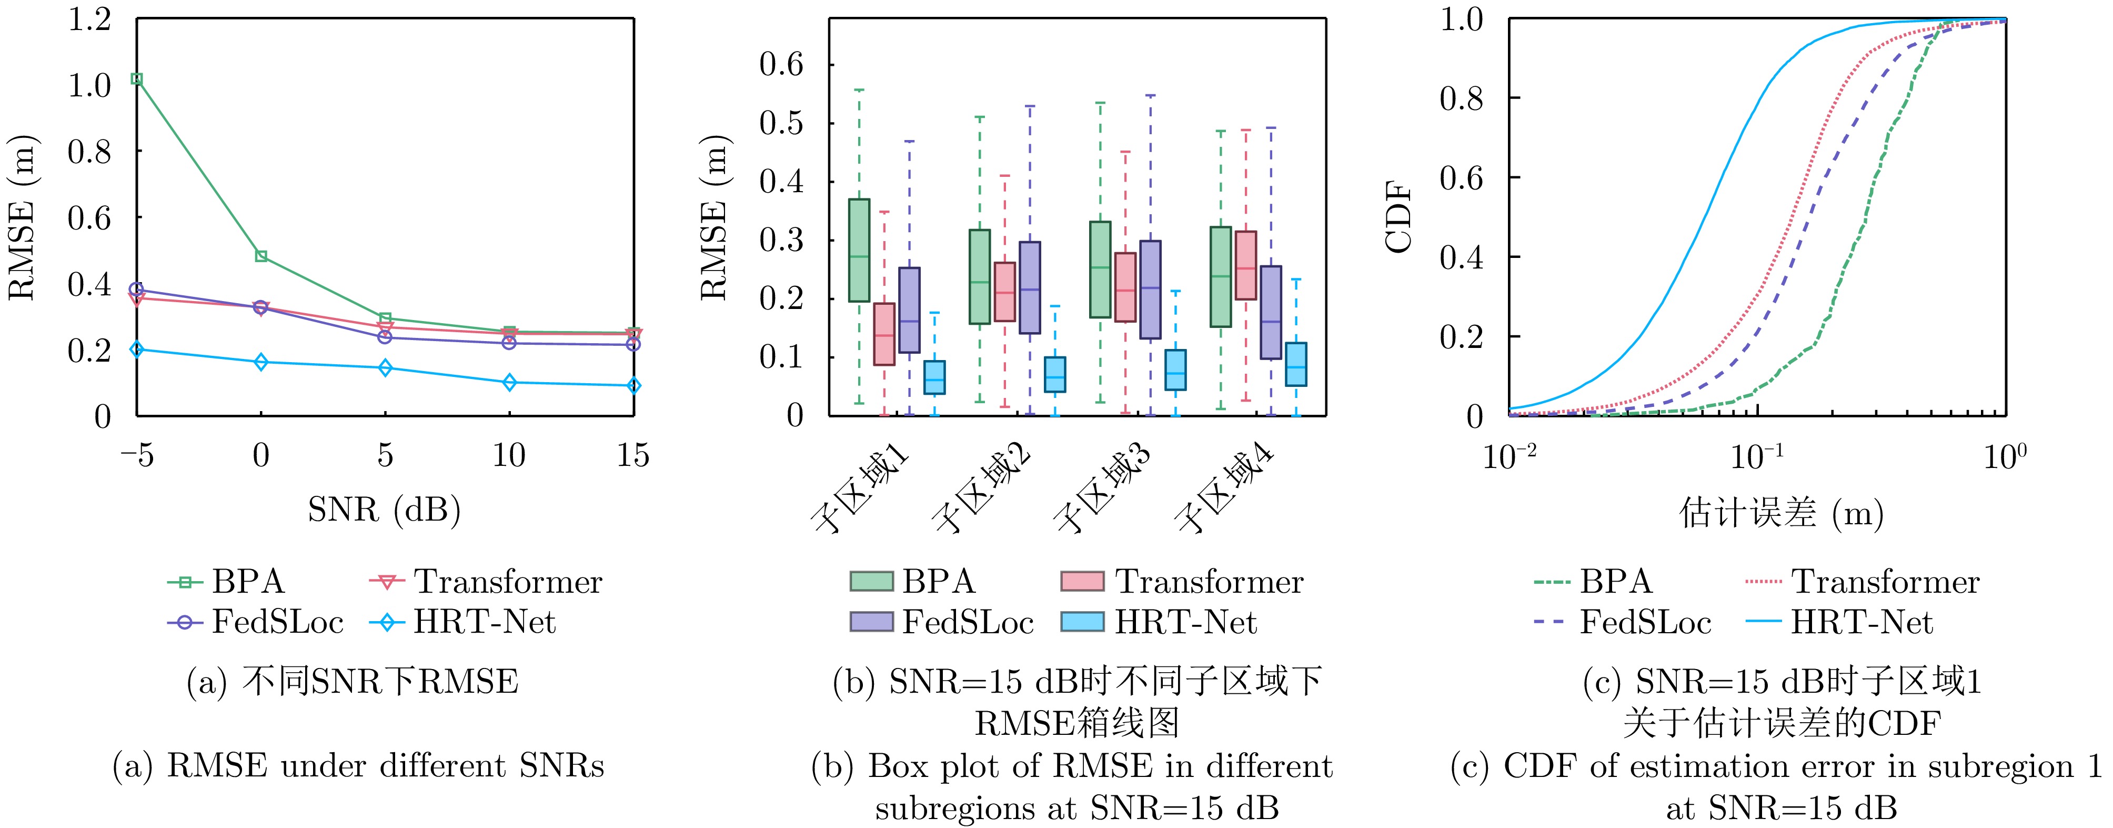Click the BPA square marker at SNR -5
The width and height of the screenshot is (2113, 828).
[137, 79]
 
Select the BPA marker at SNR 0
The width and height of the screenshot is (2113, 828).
[261, 256]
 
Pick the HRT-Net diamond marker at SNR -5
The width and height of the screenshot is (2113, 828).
[137, 350]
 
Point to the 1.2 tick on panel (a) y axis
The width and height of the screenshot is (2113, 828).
[88, 19]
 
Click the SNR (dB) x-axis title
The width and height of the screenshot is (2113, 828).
[384, 510]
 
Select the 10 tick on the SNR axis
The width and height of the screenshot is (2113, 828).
[509, 455]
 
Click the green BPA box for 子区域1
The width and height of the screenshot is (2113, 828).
[859, 250]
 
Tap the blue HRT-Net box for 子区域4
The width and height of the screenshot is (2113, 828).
[1296, 364]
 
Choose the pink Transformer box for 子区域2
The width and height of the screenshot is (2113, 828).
[1005, 291]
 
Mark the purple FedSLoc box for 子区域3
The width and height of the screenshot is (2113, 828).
[1150, 289]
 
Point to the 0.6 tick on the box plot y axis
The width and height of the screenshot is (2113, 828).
[781, 64]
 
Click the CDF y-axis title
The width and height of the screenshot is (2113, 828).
[1398, 217]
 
